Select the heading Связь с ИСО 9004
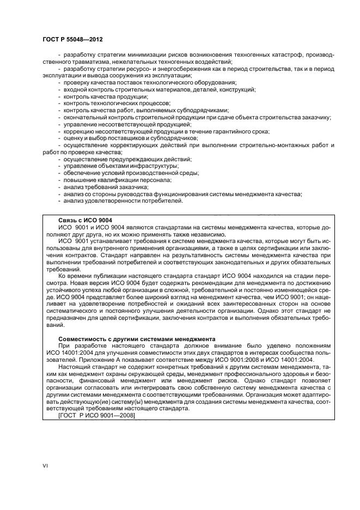tap(81, 220)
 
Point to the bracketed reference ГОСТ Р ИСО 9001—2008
tap(96, 416)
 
